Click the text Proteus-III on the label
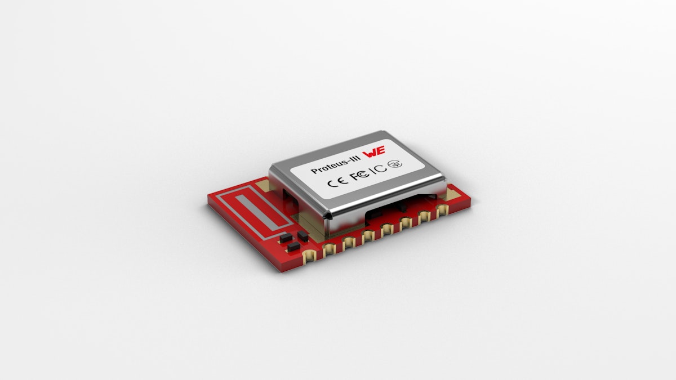point(335,166)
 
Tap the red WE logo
point(374,151)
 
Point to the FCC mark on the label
point(361,175)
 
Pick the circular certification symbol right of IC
point(395,164)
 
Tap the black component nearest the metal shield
point(303,236)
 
